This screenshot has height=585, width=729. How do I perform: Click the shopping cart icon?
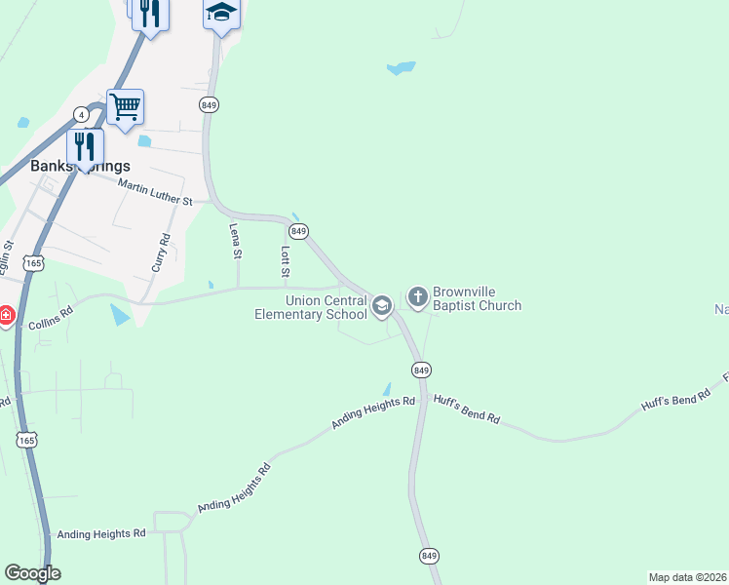tap(125, 106)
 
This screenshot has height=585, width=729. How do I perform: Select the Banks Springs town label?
tap(80, 166)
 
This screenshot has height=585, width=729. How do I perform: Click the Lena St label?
tap(235, 240)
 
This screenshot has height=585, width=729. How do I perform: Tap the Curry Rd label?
tap(164, 251)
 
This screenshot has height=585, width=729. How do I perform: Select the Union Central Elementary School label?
tap(311, 308)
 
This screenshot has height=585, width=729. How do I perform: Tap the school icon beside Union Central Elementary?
tap(382, 307)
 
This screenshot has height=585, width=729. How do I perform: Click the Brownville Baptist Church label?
tap(477, 298)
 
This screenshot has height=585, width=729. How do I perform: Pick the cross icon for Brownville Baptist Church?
tap(417, 296)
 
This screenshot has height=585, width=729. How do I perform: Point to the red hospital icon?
tap(5, 316)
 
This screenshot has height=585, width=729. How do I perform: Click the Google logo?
tap(32, 573)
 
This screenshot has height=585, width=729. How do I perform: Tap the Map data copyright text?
tap(687, 577)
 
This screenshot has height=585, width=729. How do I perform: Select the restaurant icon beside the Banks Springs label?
tap(85, 146)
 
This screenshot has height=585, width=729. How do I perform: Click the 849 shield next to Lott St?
tap(299, 231)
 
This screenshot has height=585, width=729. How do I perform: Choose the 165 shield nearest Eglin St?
tap(34, 263)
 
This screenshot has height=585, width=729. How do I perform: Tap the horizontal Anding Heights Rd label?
tap(100, 533)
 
